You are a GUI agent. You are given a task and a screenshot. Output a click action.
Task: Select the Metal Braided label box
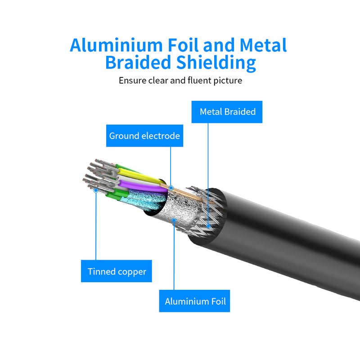[x=227, y=112]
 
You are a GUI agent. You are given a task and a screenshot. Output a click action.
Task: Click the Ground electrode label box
[x=144, y=136]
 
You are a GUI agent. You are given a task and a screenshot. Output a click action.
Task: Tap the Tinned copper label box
[x=117, y=271]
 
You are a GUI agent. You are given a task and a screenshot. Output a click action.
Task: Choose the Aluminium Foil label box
[x=195, y=301]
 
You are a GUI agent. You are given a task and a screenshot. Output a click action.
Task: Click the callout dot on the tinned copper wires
[x=96, y=190]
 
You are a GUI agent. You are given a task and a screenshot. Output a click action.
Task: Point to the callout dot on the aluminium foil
[x=174, y=220]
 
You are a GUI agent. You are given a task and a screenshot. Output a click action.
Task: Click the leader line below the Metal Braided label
[x=208, y=171]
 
